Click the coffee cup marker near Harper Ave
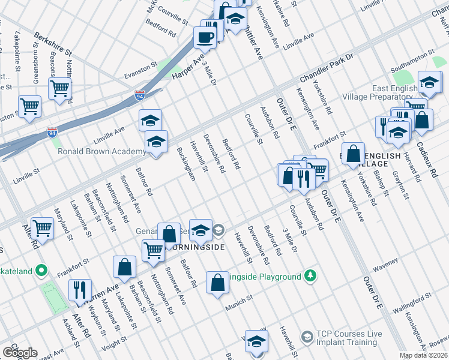point(205,37)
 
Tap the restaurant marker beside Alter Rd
point(80,290)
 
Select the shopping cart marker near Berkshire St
point(60,88)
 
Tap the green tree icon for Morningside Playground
point(310,276)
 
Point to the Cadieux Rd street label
point(433,159)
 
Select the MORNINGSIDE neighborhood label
point(196,247)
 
